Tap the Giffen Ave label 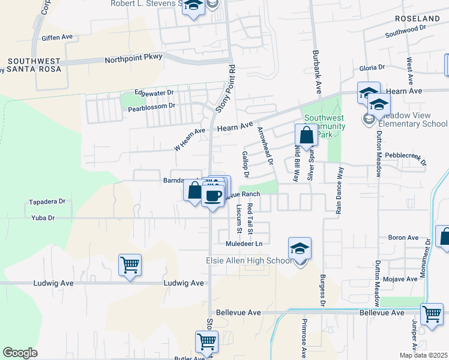coord(57,37)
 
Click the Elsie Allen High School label coord(249,260)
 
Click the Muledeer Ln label coord(244,244)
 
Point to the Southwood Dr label coord(405,28)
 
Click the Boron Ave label coord(403,238)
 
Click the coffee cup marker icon coord(213,196)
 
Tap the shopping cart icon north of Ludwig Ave coord(130,263)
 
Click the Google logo coord(20,353)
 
